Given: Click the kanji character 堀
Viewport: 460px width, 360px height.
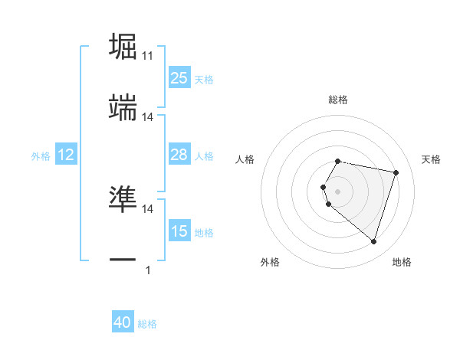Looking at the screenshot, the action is click(x=123, y=47).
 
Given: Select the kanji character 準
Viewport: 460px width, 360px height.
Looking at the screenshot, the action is click(x=123, y=199).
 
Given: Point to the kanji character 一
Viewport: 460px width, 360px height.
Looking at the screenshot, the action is click(x=123, y=260).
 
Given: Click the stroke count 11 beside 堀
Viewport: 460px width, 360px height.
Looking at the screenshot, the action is click(x=148, y=56).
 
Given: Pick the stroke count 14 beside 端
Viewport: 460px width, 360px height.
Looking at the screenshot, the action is click(x=148, y=117).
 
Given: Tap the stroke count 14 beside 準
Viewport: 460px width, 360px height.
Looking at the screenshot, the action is click(x=148, y=208).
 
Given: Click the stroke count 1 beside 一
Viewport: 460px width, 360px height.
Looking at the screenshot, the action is click(x=147, y=270).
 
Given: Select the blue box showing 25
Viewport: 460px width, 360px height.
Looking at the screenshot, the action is click(x=179, y=78).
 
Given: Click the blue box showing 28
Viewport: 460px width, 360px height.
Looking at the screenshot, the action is click(x=179, y=155).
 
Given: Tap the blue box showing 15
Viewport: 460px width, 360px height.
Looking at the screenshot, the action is click(x=179, y=231).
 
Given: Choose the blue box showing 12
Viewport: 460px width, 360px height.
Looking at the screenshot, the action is click(x=66, y=155).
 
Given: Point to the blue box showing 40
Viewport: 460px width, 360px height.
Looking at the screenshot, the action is click(x=123, y=323).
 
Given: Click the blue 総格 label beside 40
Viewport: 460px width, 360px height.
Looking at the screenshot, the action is click(x=147, y=324).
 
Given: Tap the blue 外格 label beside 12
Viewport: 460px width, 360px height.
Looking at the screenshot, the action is click(x=41, y=155).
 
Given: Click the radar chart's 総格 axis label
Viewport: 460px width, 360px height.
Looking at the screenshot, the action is click(x=338, y=100).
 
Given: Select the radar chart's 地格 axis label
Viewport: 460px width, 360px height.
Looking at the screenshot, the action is click(x=402, y=262).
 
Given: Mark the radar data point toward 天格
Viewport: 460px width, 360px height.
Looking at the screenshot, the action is click(x=396, y=172).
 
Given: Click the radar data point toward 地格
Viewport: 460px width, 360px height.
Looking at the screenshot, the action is click(x=373, y=242).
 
